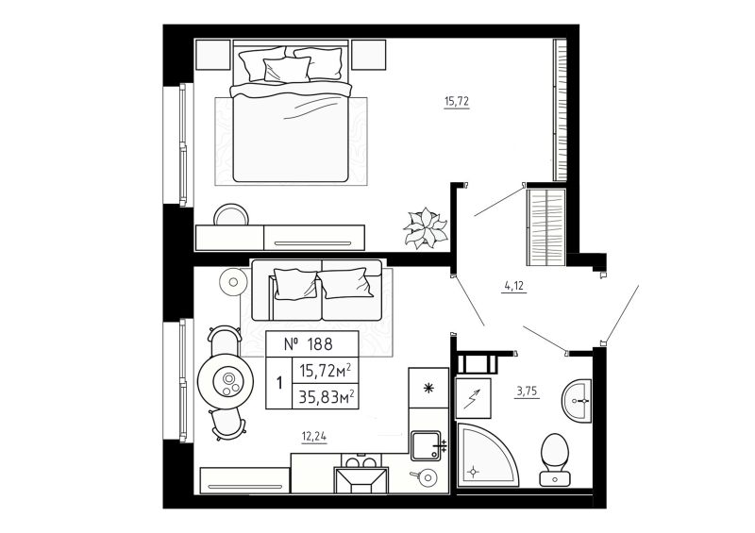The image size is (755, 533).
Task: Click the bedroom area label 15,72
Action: point(457,101)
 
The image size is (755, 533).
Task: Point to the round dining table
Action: point(227,381)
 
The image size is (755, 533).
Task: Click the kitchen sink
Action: point(428,443)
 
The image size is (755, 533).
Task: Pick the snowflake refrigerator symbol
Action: point(427,388)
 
